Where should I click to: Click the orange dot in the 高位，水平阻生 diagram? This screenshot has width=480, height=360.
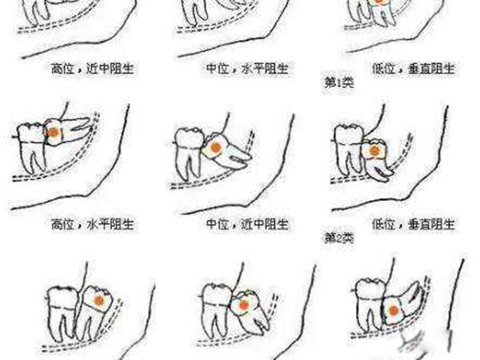click(53, 130)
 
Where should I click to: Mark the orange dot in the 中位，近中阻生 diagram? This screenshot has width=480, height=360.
click(214, 148)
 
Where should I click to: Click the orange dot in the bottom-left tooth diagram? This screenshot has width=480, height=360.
click(97, 299)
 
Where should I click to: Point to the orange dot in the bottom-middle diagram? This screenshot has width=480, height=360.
click(244, 302)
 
